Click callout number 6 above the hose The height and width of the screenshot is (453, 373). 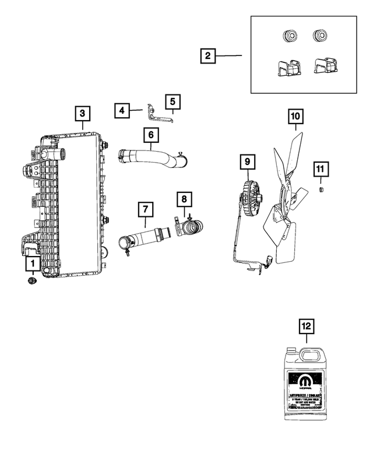coord(150,135)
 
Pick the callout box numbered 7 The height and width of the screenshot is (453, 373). coord(144,209)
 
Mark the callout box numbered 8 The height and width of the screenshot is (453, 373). coord(184,199)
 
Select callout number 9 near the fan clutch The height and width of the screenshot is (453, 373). coord(247,160)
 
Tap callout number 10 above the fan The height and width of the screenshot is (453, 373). coord(295,117)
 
